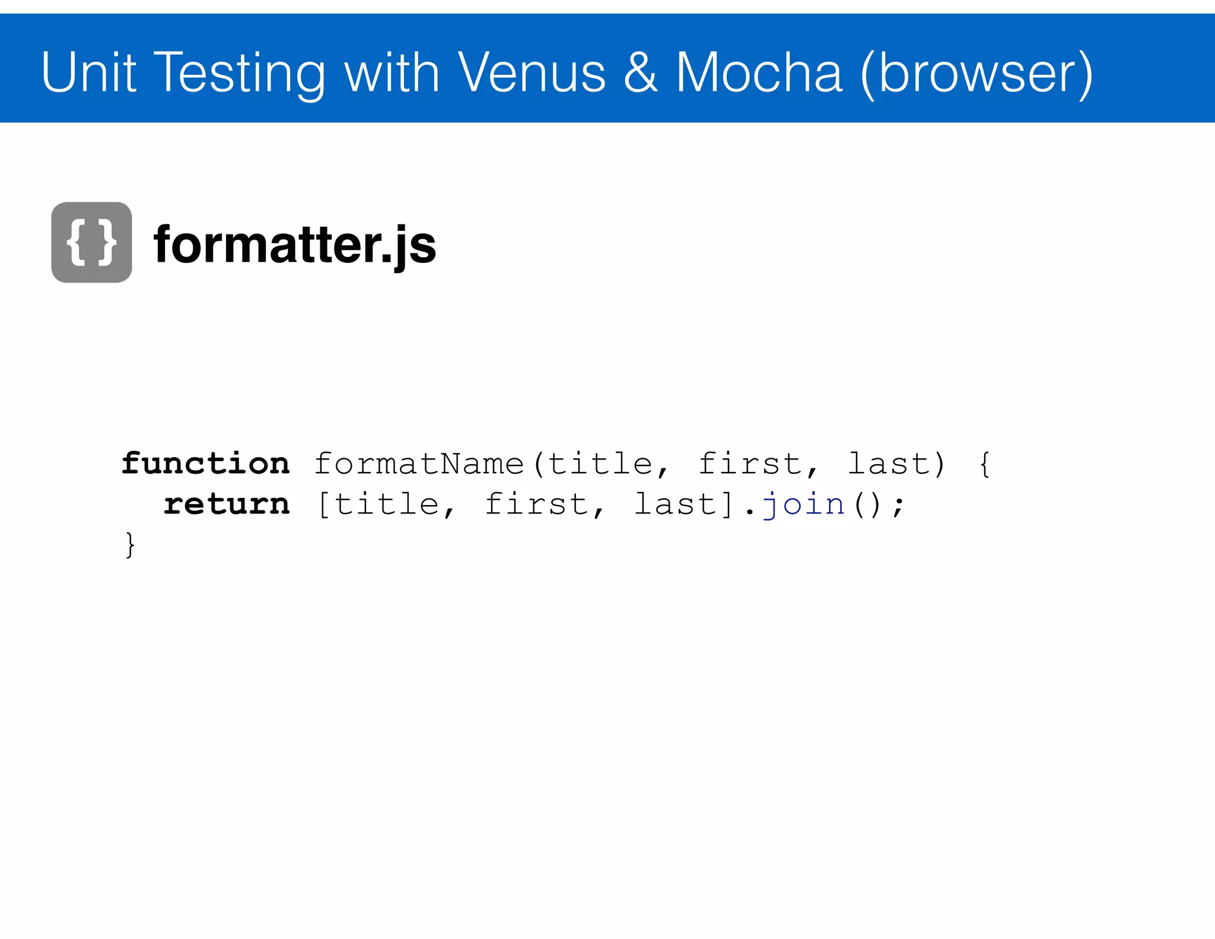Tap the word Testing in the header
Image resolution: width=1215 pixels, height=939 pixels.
241,74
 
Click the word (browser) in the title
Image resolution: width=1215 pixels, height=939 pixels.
976,74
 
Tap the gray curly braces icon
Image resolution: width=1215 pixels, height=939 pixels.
91,242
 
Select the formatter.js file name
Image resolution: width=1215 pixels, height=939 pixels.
295,245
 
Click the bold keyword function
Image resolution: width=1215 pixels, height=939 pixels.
206,463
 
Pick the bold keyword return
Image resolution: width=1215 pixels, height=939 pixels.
227,504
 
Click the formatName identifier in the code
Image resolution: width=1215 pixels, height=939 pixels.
419,464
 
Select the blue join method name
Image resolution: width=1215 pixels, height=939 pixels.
804,505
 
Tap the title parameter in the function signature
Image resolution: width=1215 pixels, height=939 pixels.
600,464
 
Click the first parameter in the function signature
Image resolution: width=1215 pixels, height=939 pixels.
750,464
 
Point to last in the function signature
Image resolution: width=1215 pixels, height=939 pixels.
888,464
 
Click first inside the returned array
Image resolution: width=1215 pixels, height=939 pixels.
536,505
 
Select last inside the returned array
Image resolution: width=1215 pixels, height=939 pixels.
676,505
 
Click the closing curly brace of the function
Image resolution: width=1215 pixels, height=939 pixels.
130,544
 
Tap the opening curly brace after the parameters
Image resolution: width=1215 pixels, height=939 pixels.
984,464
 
